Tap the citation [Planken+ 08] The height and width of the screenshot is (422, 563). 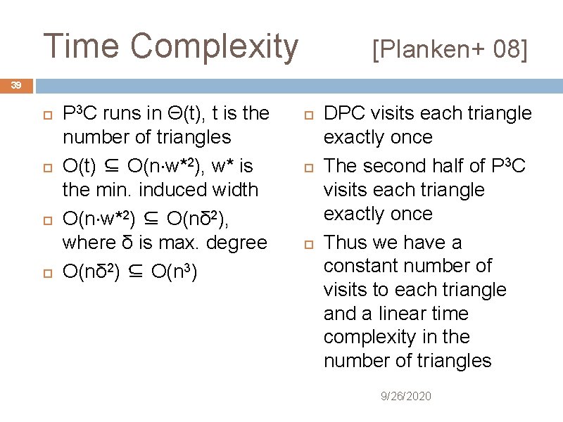click(x=450, y=49)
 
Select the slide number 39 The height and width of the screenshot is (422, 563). click(x=15, y=85)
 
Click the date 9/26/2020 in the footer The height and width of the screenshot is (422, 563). click(x=406, y=397)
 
